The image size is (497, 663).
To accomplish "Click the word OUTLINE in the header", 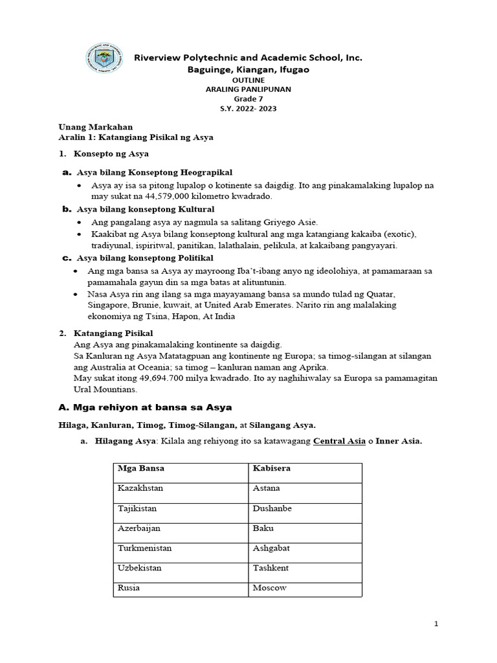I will [248, 80].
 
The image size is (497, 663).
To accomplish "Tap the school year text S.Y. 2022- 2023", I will [248, 109].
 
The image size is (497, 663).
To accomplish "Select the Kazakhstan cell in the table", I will [140, 488].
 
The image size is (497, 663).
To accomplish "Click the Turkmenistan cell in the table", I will [144, 548].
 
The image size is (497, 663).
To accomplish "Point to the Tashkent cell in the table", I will [271, 568].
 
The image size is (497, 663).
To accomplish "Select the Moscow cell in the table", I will [269, 588].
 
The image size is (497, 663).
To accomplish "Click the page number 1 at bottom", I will [436, 624].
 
